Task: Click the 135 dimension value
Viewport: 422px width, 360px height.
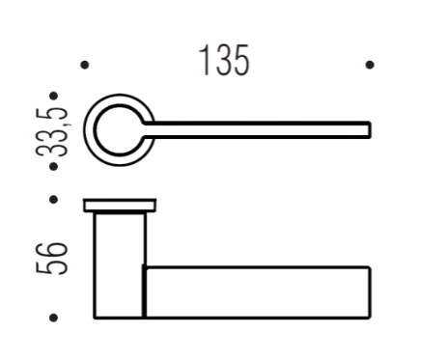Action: point(225,61)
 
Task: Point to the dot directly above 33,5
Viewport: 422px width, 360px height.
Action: point(54,97)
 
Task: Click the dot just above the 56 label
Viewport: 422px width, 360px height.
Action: point(54,201)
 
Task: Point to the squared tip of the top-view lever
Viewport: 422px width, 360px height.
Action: point(368,129)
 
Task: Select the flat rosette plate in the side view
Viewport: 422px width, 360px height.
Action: point(120,205)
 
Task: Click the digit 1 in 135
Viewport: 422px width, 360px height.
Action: point(204,61)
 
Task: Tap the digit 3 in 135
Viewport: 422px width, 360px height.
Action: point(223,61)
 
